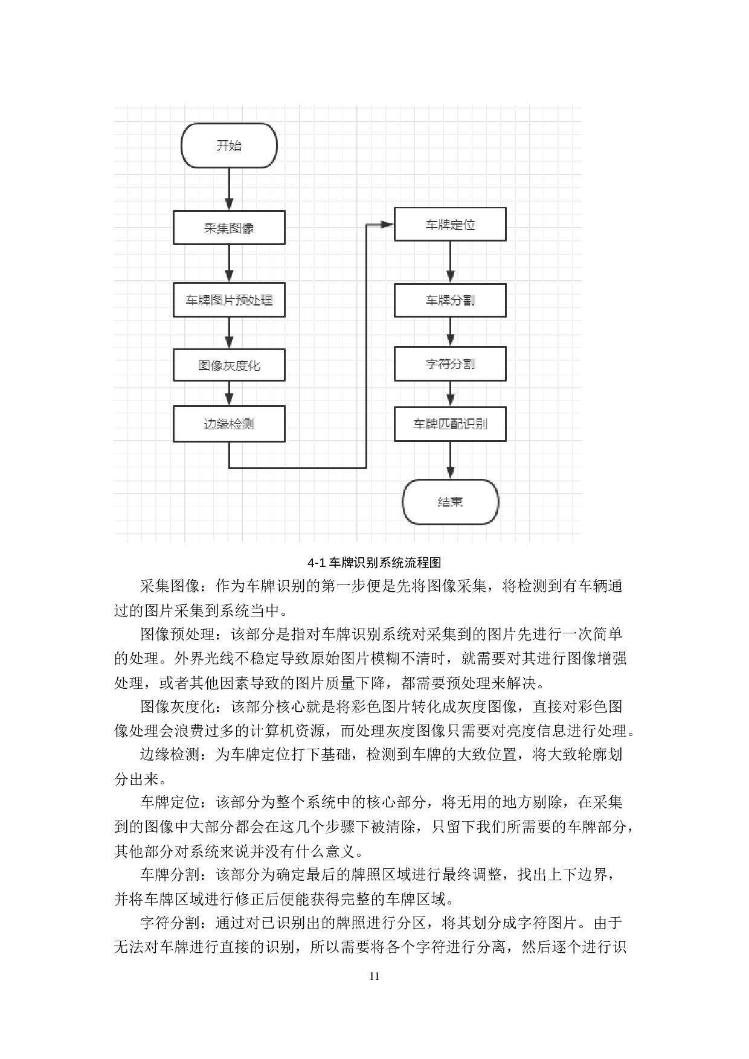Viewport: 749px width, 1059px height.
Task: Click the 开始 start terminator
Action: coord(229,146)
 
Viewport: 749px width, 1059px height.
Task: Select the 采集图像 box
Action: coord(229,228)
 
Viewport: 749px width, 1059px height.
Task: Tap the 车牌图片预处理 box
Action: coord(229,299)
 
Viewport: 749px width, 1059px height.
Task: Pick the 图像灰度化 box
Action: coord(229,365)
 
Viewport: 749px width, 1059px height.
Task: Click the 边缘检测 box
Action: coord(229,424)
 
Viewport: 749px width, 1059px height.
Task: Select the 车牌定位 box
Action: coord(450,225)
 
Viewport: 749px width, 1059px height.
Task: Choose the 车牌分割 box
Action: coord(450,300)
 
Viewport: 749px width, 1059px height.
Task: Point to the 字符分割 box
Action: coord(450,363)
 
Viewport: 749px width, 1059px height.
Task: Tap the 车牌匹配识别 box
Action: coord(450,424)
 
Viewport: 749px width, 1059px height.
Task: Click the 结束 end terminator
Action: coord(450,502)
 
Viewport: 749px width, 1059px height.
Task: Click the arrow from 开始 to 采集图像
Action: coord(229,189)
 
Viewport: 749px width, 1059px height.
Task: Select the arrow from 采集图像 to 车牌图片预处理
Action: coord(229,263)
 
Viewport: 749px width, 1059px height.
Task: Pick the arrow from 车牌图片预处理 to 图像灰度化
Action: coord(229,333)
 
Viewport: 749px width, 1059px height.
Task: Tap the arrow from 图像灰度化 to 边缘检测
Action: coord(229,394)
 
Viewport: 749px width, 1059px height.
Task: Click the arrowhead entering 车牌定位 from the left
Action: coord(387,225)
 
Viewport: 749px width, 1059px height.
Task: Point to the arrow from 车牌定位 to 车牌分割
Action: coord(450,262)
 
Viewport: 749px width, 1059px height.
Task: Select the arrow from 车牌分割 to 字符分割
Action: coord(450,331)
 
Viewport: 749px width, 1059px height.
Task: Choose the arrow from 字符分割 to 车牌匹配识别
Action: coord(450,394)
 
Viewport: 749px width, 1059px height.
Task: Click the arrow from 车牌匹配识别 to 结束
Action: coord(450,460)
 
